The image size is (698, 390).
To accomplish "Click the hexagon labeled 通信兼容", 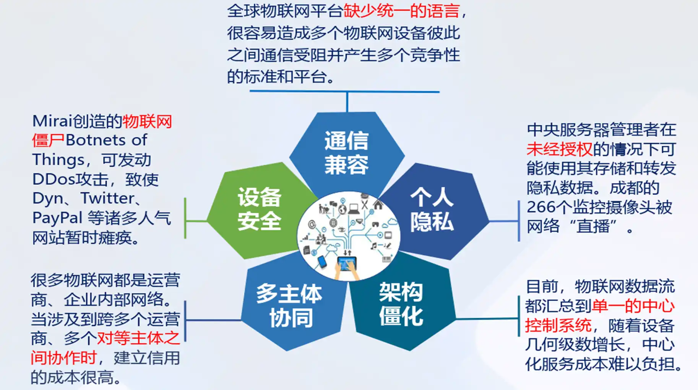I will (346, 153).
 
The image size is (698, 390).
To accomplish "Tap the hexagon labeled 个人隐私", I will (432, 209).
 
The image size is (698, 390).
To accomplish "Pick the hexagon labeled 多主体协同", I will (290, 306).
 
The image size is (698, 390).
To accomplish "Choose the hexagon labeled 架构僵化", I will (401, 304).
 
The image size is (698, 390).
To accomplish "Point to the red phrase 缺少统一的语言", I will (401, 11).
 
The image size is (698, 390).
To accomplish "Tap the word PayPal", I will (57, 218).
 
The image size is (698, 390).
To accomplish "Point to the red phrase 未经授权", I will (559, 149).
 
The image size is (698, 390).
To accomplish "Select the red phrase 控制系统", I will (558, 326).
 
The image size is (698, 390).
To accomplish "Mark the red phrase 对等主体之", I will (138, 338).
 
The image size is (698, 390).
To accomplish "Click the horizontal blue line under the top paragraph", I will (344, 92).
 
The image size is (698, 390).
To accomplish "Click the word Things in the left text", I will (58, 160).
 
